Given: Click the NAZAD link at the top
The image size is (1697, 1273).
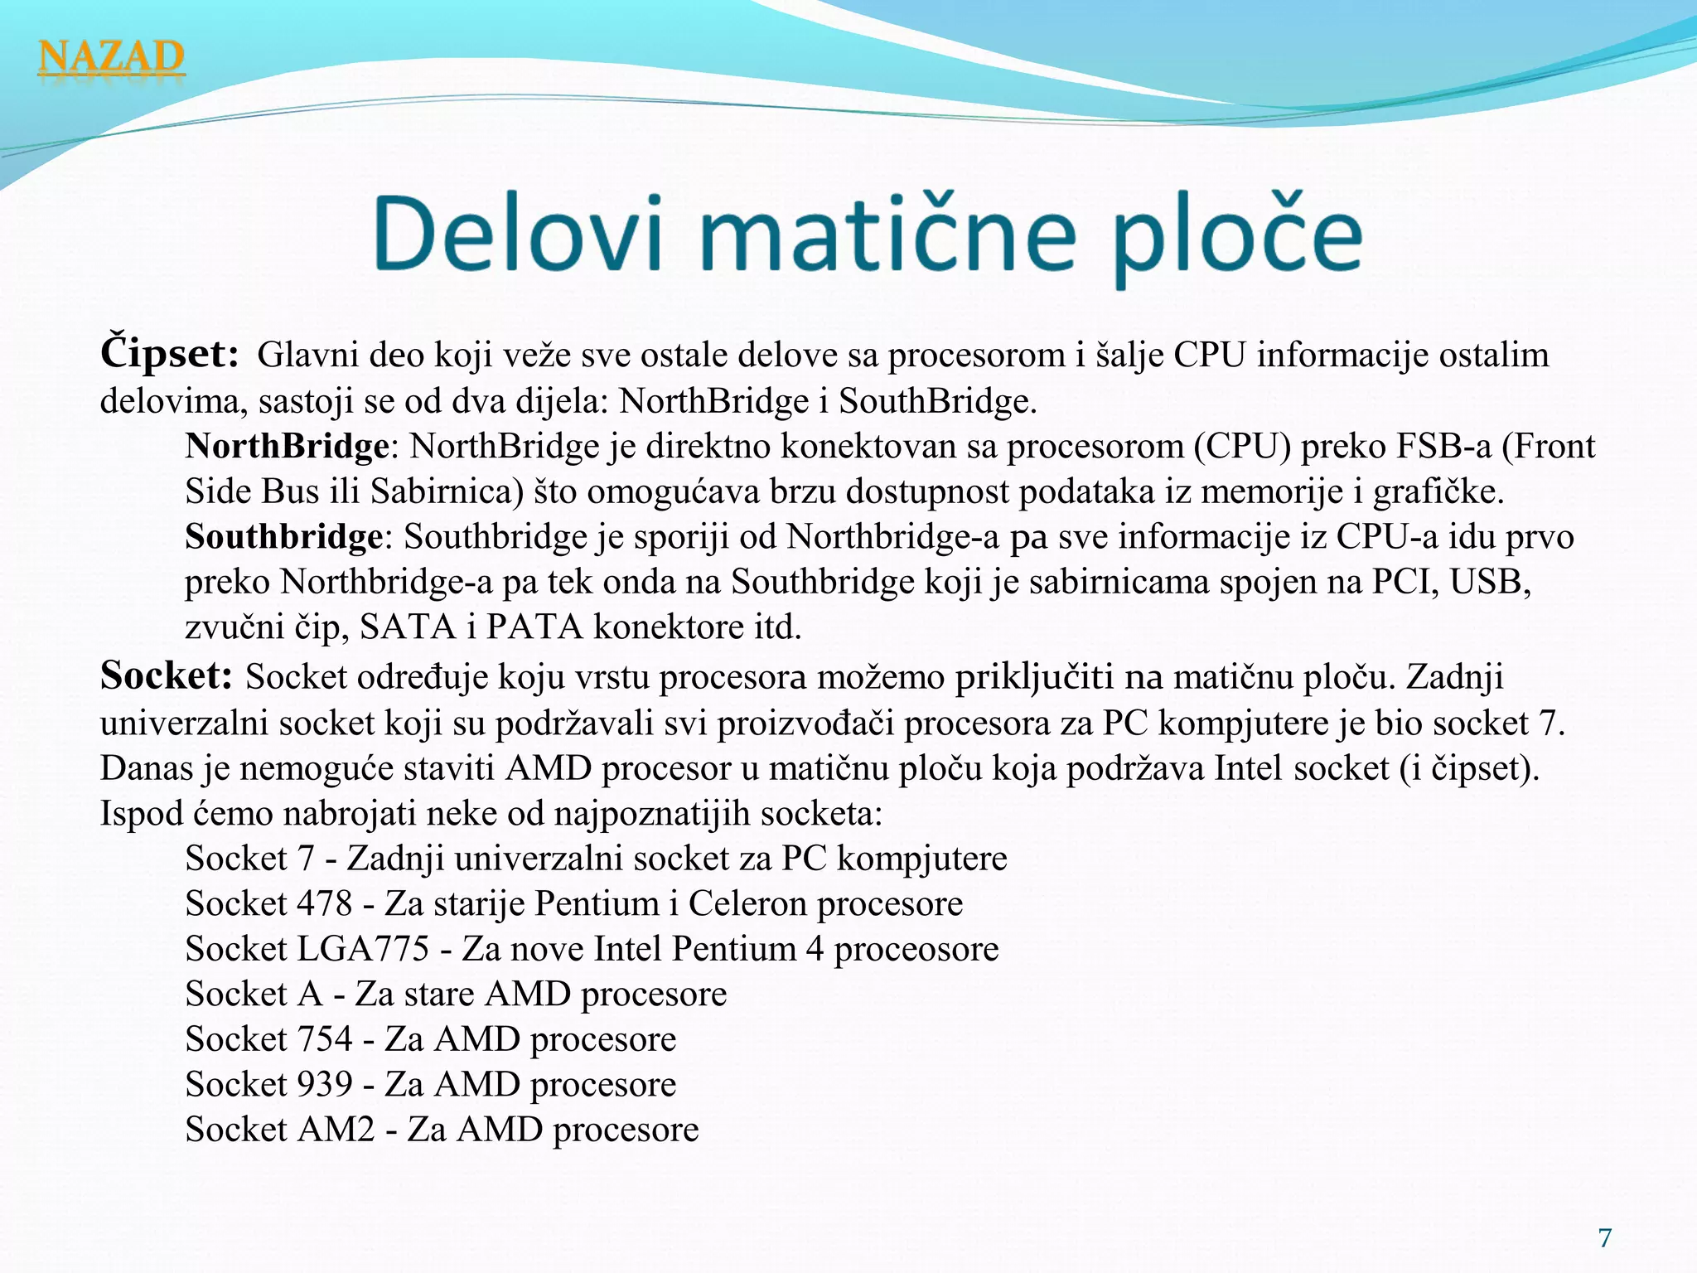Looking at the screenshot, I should [x=111, y=58].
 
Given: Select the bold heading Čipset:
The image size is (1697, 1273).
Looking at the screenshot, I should [x=170, y=354].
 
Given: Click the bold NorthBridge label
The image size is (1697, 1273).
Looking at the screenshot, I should [x=287, y=447].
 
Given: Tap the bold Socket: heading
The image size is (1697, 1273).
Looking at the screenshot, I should [x=166, y=676].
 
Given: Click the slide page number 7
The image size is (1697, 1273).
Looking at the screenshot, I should [x=1605, y=1237].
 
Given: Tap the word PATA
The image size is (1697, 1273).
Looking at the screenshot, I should [x=534, y=627].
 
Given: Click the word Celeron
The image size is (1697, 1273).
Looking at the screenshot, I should [x=747, y=903].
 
